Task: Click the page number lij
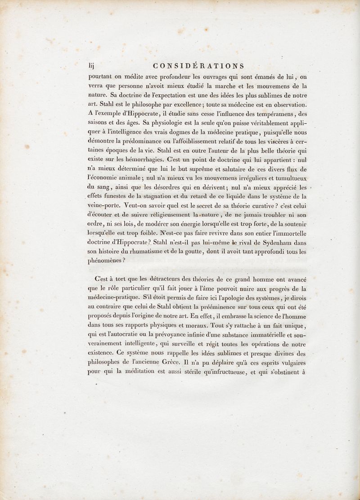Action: (91, 66)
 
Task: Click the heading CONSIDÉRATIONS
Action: (198, 66)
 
